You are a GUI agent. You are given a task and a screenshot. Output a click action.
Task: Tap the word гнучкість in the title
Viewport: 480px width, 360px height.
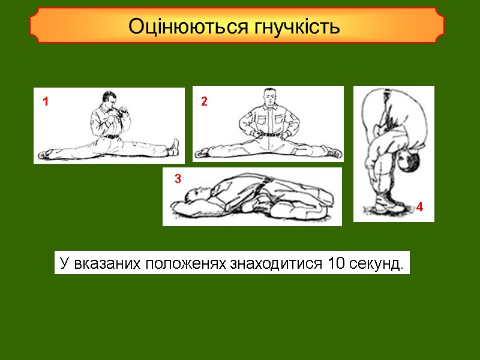pyautogui.click(x=298, y=27)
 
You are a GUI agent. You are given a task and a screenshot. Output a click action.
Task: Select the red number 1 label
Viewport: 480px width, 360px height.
pyautogui.click(x=45, y=102)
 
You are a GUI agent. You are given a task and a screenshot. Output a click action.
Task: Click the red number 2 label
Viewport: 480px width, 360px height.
pyautogui.click(x=204, y=101)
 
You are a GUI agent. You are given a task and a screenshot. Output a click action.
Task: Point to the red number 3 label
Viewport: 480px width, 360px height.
pyautogui.click(x=178, y=178)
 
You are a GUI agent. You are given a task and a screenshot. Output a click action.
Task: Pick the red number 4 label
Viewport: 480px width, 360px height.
pyautogui.click(x=419, y=208)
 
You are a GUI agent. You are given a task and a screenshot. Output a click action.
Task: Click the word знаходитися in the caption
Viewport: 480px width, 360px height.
pyautogui.click(x=271, y=263)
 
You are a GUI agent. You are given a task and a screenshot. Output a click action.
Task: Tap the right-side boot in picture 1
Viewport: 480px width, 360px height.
pyautogui.click(x=173, y=147)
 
